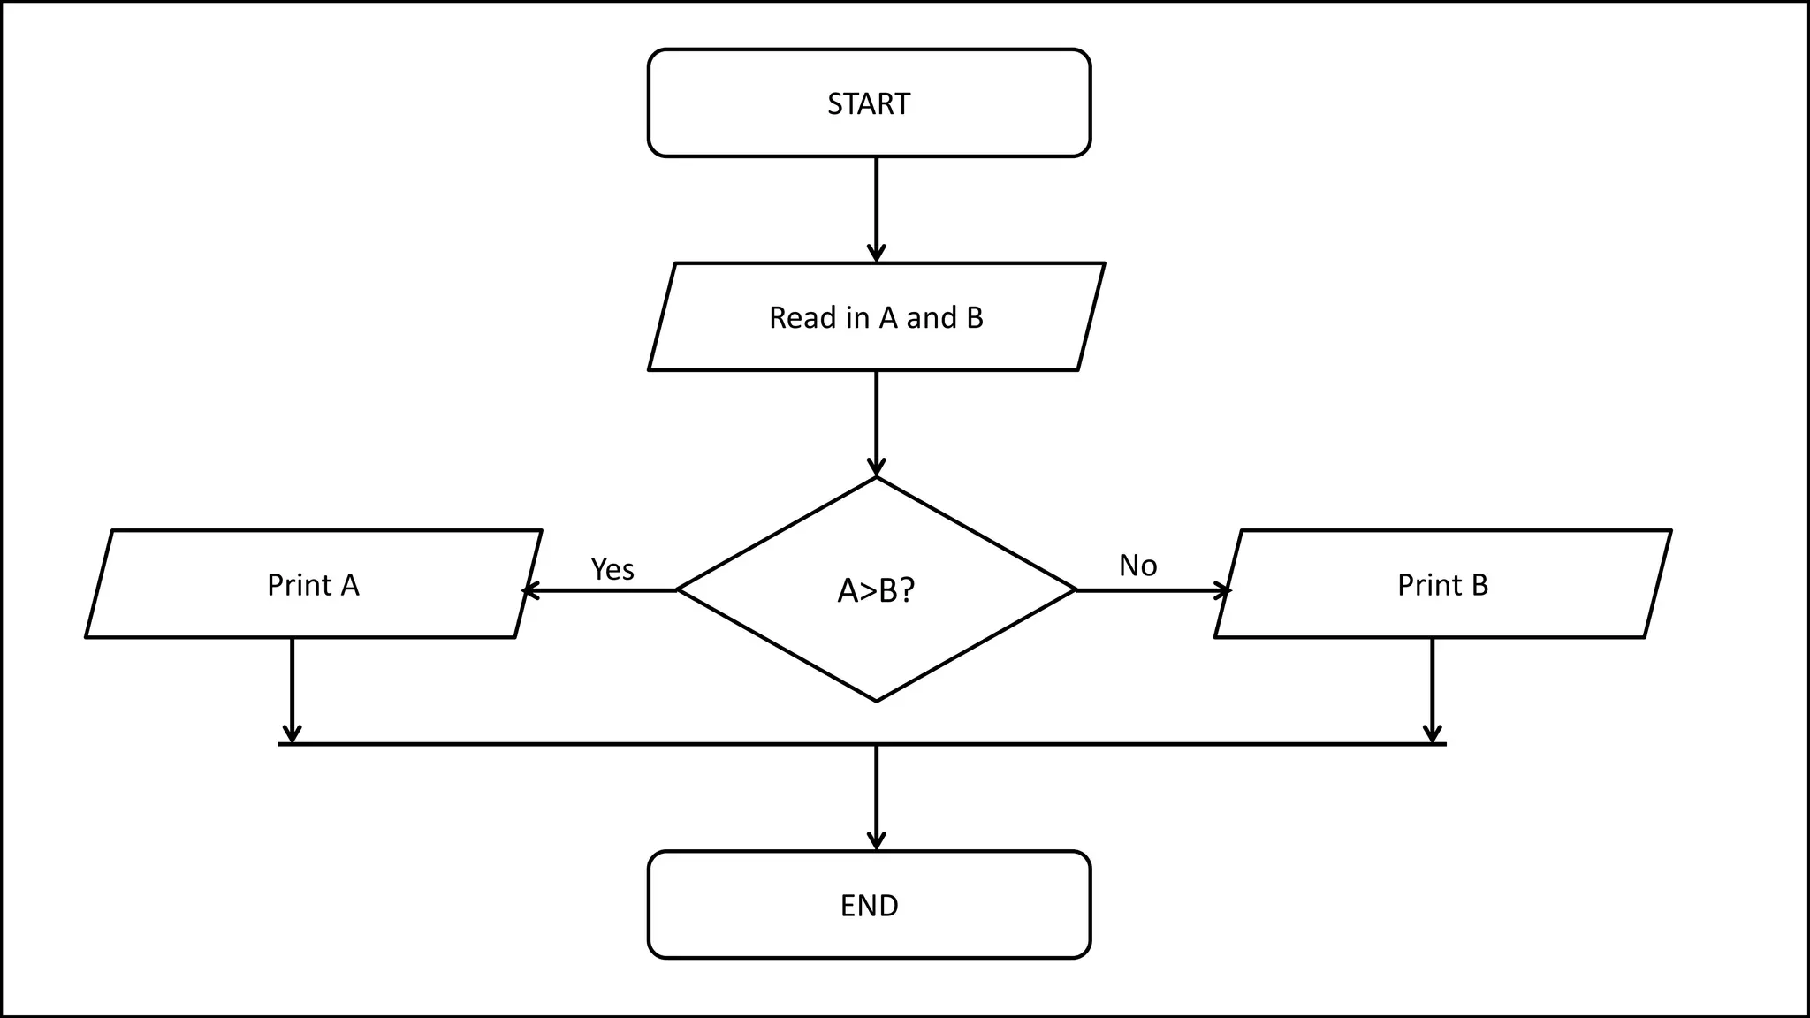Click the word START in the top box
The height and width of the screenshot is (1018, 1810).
[x=869, y=104]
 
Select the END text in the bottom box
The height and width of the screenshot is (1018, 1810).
[x=869, y=906]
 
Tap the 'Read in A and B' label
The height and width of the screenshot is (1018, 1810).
[x=876, y=318]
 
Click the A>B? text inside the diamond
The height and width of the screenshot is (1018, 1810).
[x=876, y=590]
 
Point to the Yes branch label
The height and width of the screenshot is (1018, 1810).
[x=612, y=570]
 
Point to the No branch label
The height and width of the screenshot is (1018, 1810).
[x=1137, y=566]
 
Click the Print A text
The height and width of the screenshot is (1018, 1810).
[x=313, y=585]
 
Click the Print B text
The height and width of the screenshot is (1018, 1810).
[x=1442, y=585]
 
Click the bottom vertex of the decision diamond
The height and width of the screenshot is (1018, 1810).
[x=876, y=701]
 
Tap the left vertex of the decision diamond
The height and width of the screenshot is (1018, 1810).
[x=678, y=590]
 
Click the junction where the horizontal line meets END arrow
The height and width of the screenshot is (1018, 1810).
[x=876, y=745]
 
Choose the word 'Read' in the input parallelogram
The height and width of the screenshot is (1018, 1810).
[x=801, y=318]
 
